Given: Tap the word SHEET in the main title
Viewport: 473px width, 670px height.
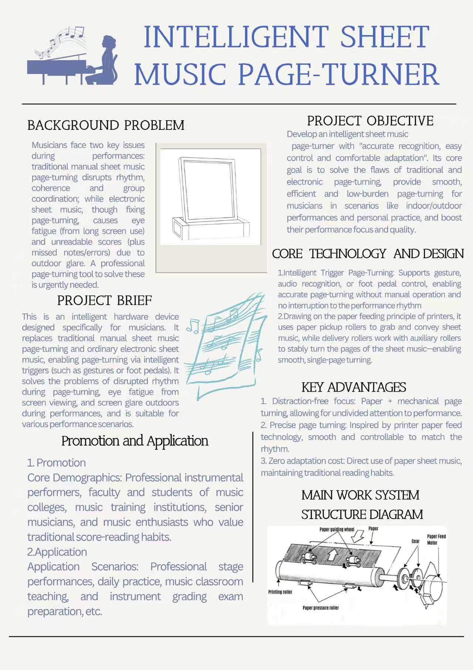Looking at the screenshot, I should coord(384,37).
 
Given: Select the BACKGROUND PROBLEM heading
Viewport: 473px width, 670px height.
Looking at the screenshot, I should coord(106,125).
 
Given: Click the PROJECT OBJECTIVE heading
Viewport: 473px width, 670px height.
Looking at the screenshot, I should coord(370,121).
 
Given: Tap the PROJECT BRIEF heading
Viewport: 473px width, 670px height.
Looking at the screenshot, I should coord(104,300).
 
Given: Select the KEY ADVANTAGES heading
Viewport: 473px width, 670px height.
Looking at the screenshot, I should coord(354,387).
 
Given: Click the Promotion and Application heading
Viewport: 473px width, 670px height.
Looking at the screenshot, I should coord(135,441).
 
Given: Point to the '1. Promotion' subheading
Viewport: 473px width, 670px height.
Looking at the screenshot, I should coord(57,463).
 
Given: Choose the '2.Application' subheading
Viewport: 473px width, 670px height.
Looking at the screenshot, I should coord(57,552).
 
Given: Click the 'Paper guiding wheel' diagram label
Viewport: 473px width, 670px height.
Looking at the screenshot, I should coord(337,529).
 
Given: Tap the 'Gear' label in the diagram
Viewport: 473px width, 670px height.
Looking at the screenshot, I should coord(416,541).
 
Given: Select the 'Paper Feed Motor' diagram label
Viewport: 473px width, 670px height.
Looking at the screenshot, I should coord(436,539).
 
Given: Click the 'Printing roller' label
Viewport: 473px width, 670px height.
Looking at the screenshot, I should coord(280,592).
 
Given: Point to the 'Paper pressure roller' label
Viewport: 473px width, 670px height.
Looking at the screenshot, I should coord(320,608).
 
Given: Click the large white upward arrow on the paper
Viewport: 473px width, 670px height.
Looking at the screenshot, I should coord(333,554).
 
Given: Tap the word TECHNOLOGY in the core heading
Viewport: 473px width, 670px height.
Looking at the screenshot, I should coord(348,254).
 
